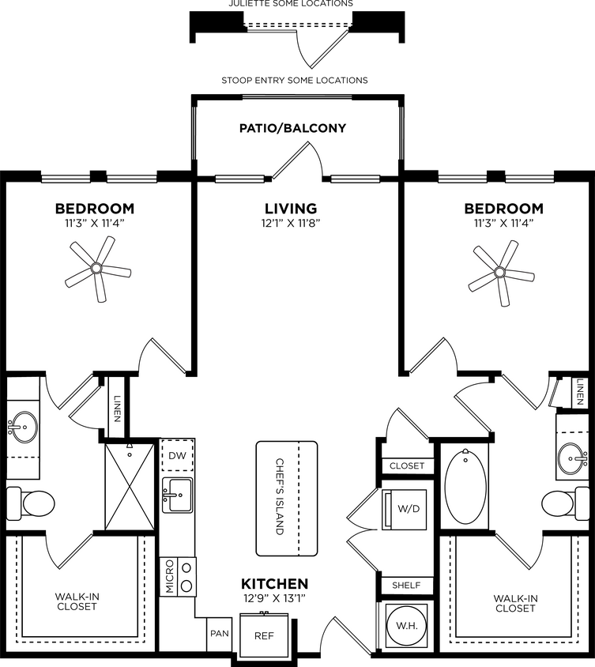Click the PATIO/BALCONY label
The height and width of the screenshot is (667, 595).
[293, 128]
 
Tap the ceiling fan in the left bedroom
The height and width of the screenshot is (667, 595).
[96, 269]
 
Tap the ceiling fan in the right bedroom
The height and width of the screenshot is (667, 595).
[499, 273]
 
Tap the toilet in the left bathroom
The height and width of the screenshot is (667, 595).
[31, 501]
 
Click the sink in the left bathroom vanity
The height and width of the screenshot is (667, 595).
[23, 429]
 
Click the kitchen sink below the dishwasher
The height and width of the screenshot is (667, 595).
[177, 496]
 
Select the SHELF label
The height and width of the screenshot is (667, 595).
[407, 586]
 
